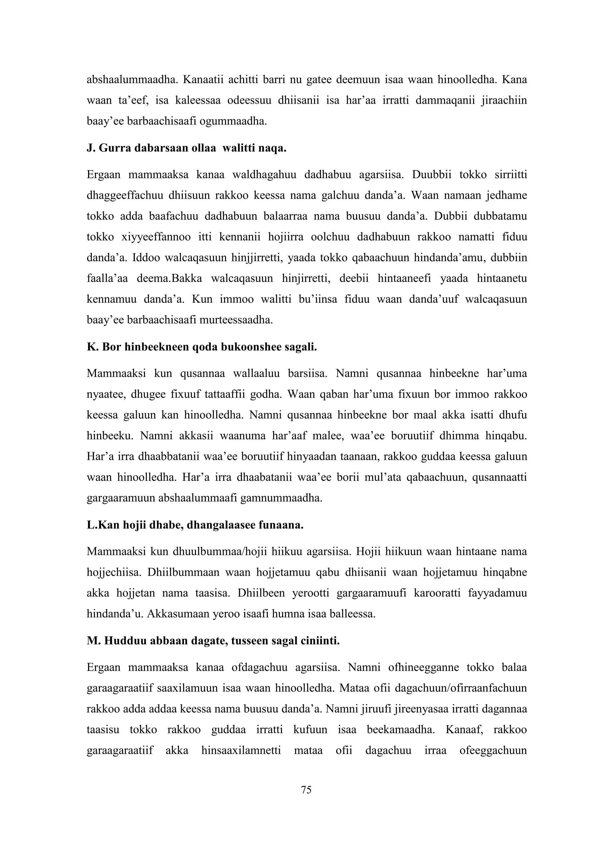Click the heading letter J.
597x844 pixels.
(90, 149)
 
